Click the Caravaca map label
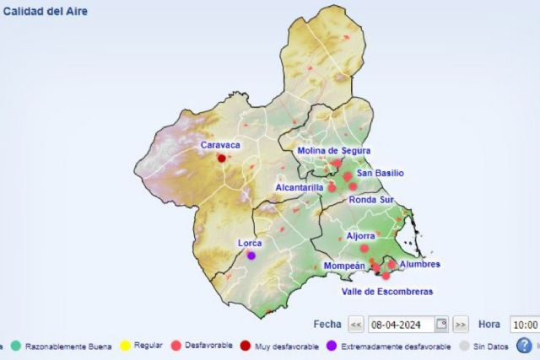point(220,145)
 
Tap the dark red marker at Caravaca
point(222,158)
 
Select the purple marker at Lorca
point(251,255)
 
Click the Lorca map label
point(250,243)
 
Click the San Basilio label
point(380,173)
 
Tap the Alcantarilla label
point(300,187)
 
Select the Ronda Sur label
point(371,201)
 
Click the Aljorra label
point(360,236)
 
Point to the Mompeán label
point(344,266)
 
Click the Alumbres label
point(419,264)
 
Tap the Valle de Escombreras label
point(386,292)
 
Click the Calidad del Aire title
point(45,12)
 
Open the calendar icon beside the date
point(441,325)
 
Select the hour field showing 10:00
point(524,325)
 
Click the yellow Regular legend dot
point(125,346)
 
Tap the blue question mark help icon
point(524,345)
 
